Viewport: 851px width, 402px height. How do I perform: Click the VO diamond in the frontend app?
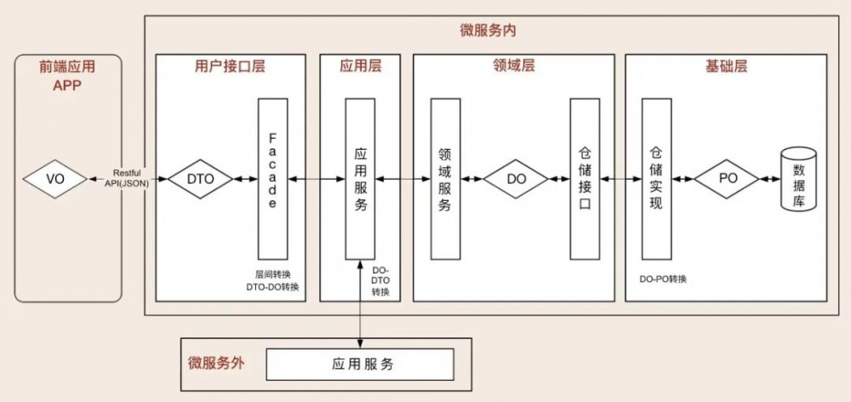(55, 180)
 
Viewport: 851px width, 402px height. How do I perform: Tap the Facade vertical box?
(272, 179)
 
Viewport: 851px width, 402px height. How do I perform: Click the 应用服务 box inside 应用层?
(360, 179)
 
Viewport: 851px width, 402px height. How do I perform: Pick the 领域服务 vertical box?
(445, 179)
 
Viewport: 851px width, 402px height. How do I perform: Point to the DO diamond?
(517, 180)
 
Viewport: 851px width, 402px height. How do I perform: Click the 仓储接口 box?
(585, 179)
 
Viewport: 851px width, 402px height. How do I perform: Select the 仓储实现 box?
(656, 179)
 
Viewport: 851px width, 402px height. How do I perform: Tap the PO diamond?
(726, 180)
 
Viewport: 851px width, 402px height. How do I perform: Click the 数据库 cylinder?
(798, 180)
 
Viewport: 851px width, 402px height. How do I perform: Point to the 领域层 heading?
(514, 66)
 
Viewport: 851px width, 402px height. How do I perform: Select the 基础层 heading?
(727, 66)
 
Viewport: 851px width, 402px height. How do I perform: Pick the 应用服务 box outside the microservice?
(360, 365)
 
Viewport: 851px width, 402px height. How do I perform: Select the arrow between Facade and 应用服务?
(315, 180)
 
